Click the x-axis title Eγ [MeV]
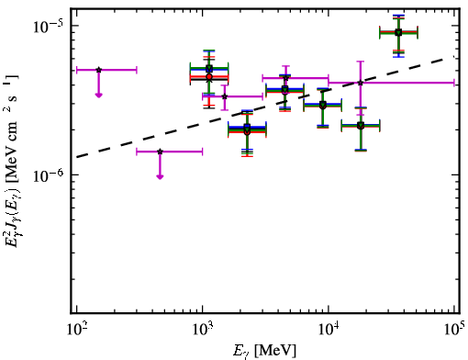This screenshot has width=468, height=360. coord(264,351)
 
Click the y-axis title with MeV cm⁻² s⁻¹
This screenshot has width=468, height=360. coord(12,161)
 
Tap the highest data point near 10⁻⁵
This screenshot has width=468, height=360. coord(398,32)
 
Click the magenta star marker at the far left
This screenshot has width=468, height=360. coord(98,70)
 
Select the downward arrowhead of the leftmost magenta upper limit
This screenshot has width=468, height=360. coord(98,96)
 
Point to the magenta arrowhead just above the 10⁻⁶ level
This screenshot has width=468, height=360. coord(160,176)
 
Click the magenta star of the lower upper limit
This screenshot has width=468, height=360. coord(160,152)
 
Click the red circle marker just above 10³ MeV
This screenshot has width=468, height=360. coord(209,76)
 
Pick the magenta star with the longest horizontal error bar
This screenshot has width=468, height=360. coord(361,83)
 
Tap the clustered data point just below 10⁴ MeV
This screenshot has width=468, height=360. coord(322,105)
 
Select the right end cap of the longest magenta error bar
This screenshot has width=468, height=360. coord(454,83)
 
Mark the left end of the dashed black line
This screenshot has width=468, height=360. coord(77,157)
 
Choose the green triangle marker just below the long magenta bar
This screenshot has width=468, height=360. coord(361,125)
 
